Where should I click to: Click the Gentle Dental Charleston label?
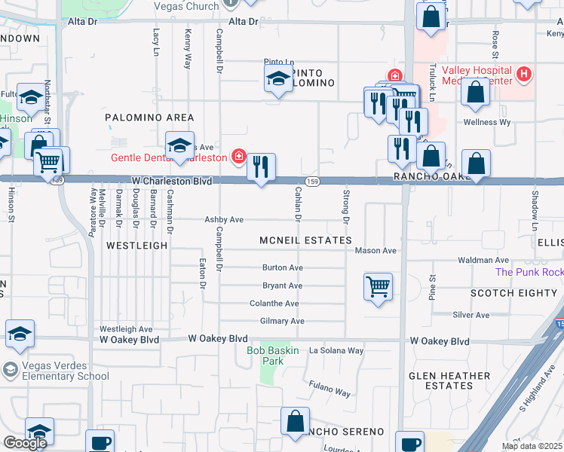168,157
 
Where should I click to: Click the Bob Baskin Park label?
273,350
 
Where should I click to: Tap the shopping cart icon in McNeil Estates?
378,286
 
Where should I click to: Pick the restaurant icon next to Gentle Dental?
261,167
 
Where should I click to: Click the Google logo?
24,442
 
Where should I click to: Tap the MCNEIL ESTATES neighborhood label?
305,240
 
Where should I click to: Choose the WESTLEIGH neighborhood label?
136,246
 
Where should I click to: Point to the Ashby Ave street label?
224,219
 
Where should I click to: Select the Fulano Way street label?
330,389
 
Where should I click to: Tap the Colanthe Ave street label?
274,304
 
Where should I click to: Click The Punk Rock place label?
529,272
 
